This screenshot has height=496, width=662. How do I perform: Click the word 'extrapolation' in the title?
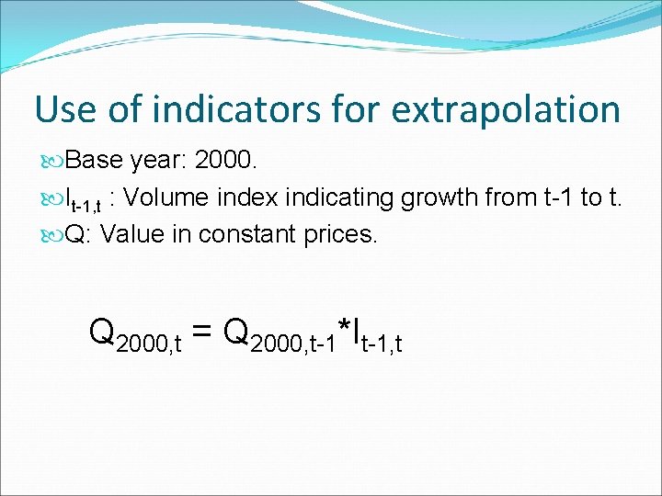[505, 110]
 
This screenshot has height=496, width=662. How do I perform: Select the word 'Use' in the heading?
[64, 109]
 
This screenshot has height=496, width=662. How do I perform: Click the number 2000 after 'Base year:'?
[227, 161]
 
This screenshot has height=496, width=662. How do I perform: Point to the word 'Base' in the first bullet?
[96, 161]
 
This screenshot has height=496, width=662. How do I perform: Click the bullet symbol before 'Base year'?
[54, 162]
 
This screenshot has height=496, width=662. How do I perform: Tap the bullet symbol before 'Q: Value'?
[54, 235]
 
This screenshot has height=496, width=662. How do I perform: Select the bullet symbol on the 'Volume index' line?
[54, 198]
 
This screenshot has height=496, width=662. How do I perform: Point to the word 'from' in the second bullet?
[507, 197]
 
